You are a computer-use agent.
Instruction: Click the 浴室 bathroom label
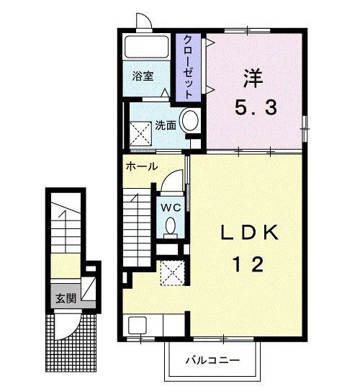[x=143, y=76]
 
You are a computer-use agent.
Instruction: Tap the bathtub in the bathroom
[x=147, y=47]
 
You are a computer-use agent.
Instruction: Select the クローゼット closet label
[x=188, y=67]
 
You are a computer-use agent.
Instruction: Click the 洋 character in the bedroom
[x=253, y=78]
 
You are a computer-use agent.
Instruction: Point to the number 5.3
[x=256, y=107]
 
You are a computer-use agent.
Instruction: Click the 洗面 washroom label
[x=166, y=125]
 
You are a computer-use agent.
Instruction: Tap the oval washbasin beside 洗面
[x=190, y=120]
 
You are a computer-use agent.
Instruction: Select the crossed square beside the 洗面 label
[x=140, y=134]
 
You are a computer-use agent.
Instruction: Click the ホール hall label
[x=142, y=166]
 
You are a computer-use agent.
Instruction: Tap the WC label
[x=171, y=207]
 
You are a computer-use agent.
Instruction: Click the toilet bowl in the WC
[x=171, y=225]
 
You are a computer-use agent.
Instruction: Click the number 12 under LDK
[x=248, y=264]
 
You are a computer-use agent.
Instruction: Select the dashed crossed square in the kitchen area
[x=173, y=273]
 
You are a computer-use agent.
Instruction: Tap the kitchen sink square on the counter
[x=138, y=326]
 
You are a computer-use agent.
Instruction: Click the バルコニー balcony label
[x=213, y=360]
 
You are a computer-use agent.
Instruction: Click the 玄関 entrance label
[x=66, y=298]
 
